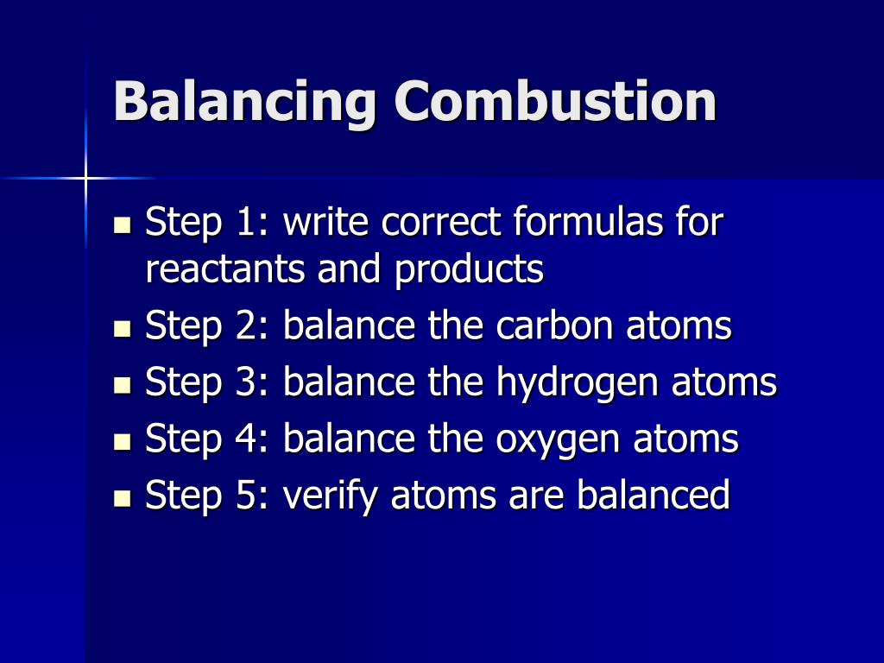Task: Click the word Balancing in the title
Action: point(245,102)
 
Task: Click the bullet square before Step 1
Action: point(123,225)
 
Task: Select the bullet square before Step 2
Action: point(123,329)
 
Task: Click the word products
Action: point(469,271)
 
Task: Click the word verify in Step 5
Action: point(331,496)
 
